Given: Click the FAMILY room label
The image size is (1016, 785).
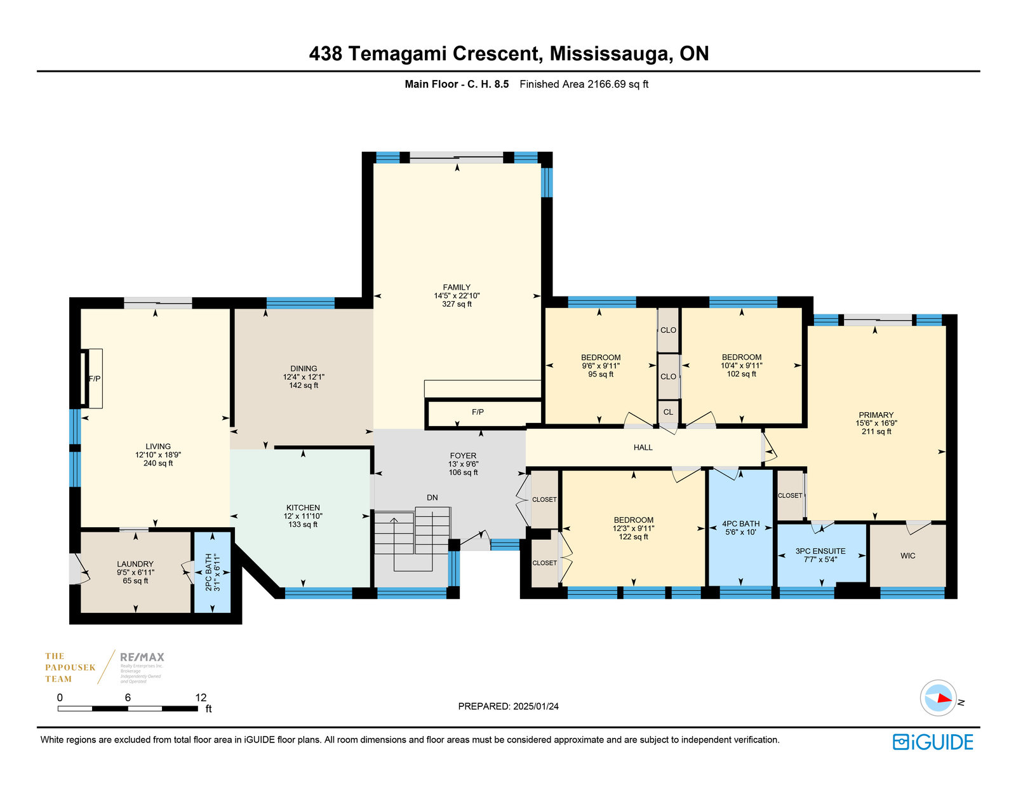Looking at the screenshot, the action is [x=457, y=288].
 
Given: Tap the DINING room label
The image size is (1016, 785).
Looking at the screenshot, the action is [x=304, y=368].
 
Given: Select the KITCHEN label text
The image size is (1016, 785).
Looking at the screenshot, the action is [x=303, y=507].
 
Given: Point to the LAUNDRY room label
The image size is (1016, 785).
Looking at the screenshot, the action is [x=135, y=564].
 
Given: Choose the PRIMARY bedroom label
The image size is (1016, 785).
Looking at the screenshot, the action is [x=876, y=415].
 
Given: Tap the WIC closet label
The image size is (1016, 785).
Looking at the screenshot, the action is [x=907, y=556].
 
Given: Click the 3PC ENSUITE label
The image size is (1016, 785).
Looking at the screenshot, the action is [x=820, y=551].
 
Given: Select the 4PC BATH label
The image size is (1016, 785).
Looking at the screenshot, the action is [x=740, y=524].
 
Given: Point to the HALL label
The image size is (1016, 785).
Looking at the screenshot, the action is [x=643, y=448].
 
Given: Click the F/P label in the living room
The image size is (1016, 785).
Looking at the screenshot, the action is [x=94, y=379].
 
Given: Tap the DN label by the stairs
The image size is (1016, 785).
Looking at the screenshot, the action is [x=432, y=497].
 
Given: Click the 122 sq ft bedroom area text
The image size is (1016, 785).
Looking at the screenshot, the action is [x=633, y=537].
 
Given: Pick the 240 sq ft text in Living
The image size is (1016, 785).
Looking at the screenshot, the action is [x=158, y=463].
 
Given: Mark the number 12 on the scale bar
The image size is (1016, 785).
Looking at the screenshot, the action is [x=201, y=697].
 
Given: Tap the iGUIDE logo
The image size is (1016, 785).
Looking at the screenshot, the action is [x=932, y=742].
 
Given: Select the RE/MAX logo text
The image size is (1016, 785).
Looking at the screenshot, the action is [x=142, y=657].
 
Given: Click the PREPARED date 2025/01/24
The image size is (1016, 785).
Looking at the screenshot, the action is [x=536, y=706].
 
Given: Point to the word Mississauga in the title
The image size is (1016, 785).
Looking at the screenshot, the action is [x=611, y=53].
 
